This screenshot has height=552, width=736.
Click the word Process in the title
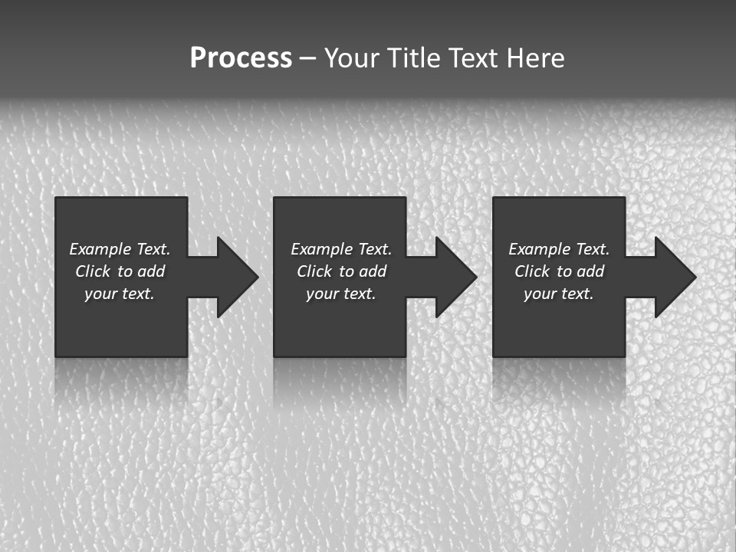click(x=241, y=58)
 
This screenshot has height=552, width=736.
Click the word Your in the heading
click(x=353, y=58)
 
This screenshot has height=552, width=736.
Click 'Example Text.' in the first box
click(x=120, y=249)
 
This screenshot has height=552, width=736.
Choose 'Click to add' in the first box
click(x=120, y=271)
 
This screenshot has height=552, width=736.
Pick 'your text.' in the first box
click(x=120, y=294)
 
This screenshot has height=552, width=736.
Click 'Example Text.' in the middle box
click(x=341, y=249)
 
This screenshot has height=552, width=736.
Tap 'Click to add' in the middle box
click(x=341, y=271)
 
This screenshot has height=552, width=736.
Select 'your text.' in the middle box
click(x=341, y=294)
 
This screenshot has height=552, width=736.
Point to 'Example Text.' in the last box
click(x=559, y=249)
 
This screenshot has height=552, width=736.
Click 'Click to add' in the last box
click(x=559, y=271)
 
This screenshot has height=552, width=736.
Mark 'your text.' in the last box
click(x=559, y=294)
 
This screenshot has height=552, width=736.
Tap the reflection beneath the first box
click(x=121, y=379)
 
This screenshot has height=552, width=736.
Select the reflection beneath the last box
click(x=559, y=379)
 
